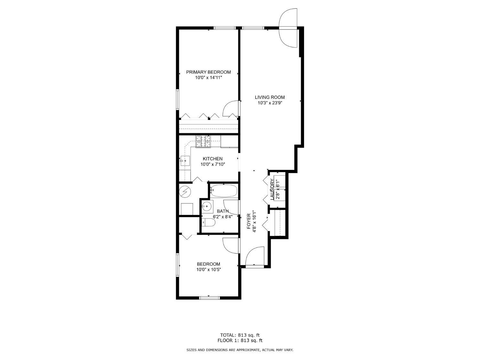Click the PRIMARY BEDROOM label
tap(208, 72)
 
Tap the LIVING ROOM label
tap(269, 97)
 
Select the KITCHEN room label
tap(212, 159)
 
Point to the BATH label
tap(223, 211)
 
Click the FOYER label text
tap(249, 221)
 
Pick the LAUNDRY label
tap(272, 189)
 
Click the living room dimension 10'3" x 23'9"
tap(269, 103)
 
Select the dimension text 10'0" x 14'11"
tap(208, 78)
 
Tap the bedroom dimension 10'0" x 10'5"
tap(208, 270)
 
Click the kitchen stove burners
tap(204, 142)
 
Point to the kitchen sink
tap(185, 160)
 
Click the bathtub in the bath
tap(224, 191)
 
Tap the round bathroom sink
tap(207, 206)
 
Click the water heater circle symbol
tap(185, 191)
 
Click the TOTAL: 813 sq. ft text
tap(240, 335)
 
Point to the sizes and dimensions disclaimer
tap(240, 350)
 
